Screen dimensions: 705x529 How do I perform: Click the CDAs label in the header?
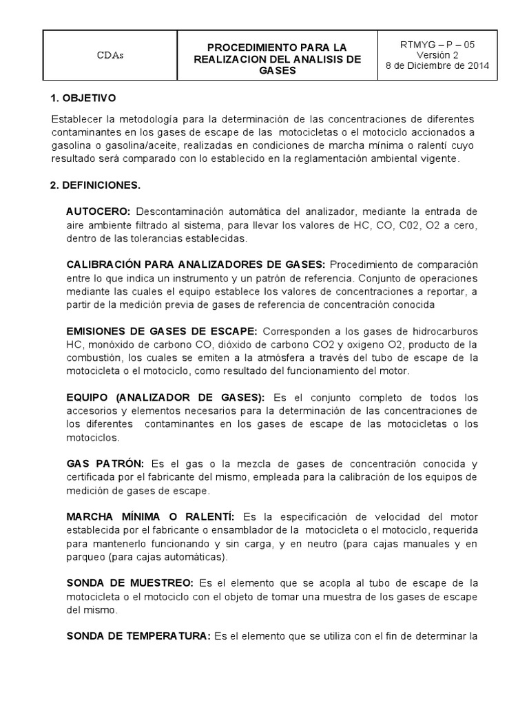(x=110, y=56)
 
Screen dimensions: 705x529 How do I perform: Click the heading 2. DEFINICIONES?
(x=94, y=186)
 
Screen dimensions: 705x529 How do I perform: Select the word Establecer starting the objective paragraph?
(x=75, y=120)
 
